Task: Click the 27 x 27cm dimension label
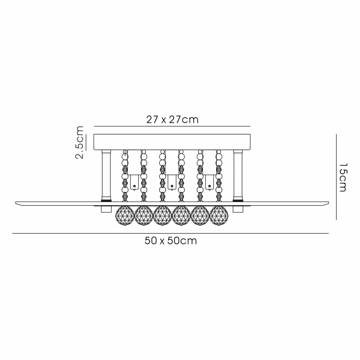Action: [172, 120]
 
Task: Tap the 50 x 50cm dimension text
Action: [171, 241]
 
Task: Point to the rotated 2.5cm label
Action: [79, 142]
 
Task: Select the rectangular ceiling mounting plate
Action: [172, 142]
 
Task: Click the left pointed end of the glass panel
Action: [16, 202]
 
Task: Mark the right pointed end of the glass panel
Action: [329, 202]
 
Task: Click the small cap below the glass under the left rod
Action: [106, 209]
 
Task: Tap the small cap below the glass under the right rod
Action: [238, 209]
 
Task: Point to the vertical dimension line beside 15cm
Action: [336, 177]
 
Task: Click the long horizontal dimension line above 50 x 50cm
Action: [171, 233]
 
